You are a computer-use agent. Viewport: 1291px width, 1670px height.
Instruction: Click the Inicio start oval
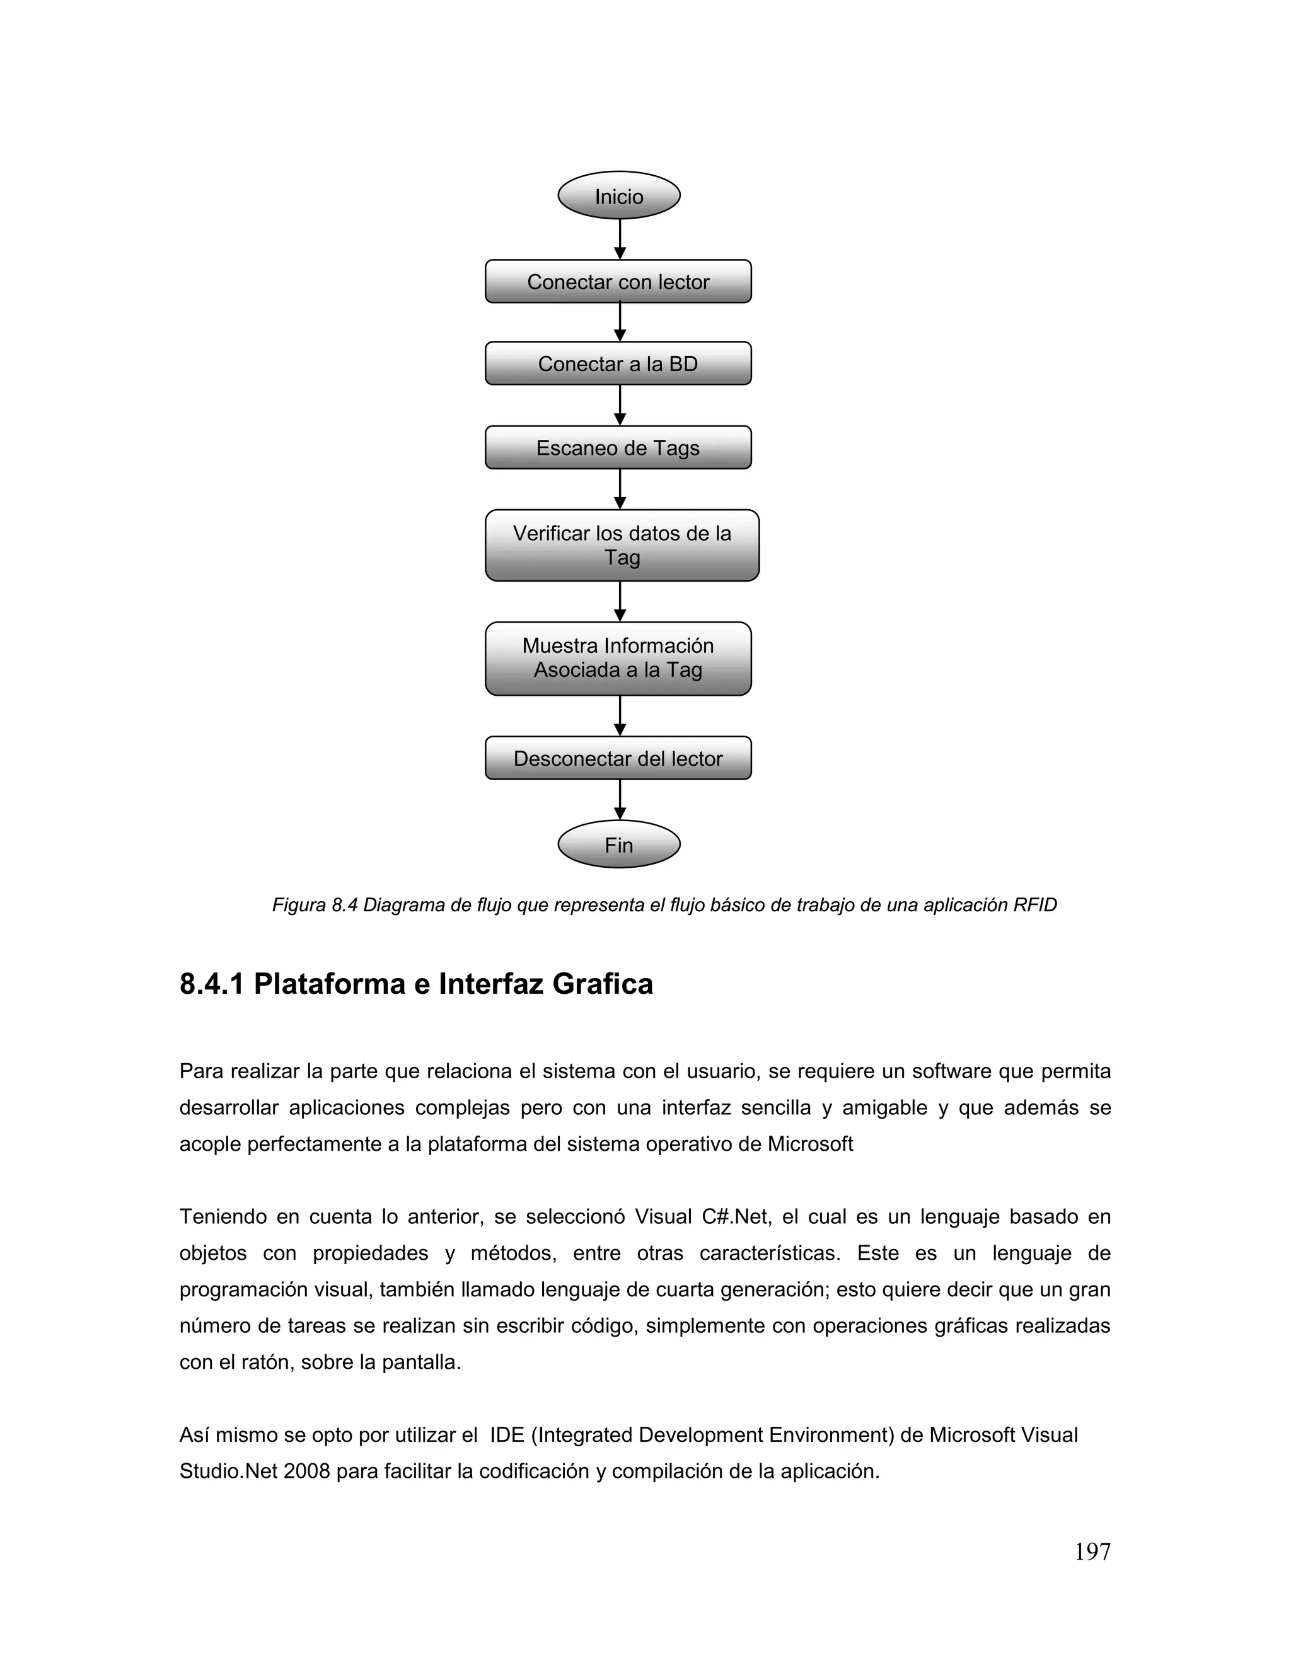619,196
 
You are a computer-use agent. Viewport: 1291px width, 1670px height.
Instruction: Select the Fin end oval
619,844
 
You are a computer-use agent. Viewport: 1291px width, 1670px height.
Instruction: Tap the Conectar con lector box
618,282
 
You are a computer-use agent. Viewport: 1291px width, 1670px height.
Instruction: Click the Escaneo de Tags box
618,447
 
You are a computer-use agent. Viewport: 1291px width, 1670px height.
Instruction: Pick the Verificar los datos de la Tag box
622,545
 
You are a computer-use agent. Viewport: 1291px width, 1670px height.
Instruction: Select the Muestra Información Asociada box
618,659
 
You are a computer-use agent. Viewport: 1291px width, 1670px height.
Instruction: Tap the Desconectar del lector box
618,759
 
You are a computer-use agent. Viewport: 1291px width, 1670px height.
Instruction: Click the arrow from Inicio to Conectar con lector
620,239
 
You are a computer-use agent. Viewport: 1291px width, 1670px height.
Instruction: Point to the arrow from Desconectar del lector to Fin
620,800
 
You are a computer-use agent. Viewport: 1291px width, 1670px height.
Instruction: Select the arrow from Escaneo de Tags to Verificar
620,490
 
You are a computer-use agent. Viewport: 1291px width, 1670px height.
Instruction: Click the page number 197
1092,1552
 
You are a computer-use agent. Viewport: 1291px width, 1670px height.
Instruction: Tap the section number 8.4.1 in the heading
211,984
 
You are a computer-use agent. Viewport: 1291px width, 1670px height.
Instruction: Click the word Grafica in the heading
603,984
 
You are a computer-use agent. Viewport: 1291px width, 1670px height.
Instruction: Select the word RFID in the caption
1035,906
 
